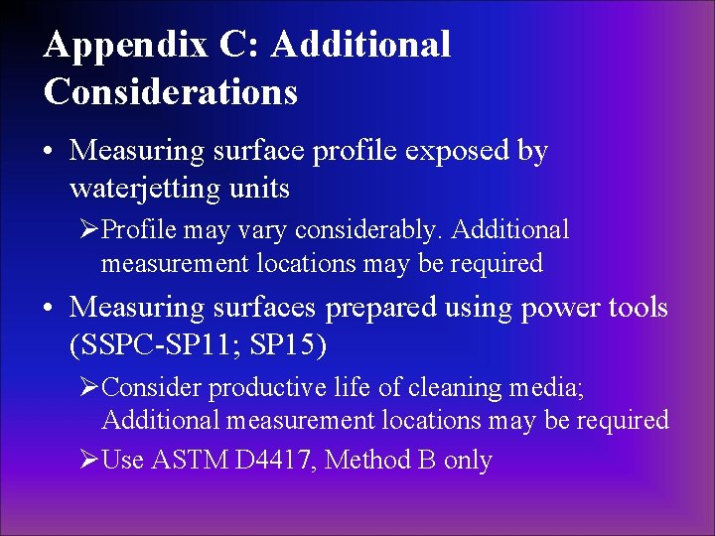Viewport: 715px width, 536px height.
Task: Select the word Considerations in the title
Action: point(170,91)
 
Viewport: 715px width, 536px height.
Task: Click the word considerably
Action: point(377,230)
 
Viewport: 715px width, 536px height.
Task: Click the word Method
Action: point(367,461)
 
